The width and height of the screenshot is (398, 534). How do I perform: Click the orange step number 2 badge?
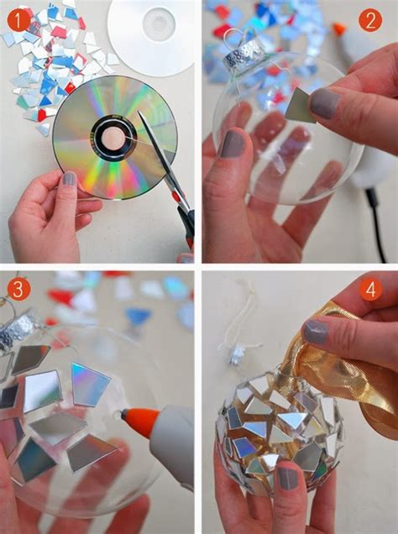click(369, 19)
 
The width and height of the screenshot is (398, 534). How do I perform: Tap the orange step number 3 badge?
click(16, 288)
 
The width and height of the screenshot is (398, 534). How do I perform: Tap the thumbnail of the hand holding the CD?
click(69, 179)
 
